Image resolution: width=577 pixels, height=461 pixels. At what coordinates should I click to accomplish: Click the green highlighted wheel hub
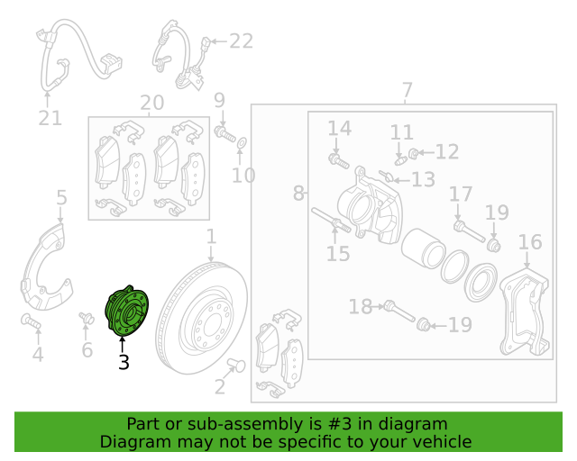pyautogui.click(x=127, y=311)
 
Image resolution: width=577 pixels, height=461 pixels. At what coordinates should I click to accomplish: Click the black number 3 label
pyautogui.click(x=124, y=362)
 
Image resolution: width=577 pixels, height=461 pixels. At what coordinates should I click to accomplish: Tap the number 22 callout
pyautogui.click(x=242, y=41)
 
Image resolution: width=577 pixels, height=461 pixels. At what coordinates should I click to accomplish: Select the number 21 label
pyautogui.click(x=50, y=118)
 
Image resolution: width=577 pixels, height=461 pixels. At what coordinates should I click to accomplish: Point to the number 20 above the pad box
pyautogui.click(x=152, y=103)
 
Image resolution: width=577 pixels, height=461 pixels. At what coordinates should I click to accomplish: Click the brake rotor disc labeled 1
pyautogui.click(x=202, y=318)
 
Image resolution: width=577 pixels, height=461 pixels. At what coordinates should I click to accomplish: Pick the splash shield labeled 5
pyautogui.click(x=46, y=267)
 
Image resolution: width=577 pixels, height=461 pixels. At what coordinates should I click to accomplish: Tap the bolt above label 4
pyautogui.click(x=31, y=321)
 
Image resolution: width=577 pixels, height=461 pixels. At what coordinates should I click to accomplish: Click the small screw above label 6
pyautogui.click(x=87, y=318)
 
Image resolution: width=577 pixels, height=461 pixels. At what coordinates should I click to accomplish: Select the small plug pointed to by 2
pyautogui.click(x=236, y=365)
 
